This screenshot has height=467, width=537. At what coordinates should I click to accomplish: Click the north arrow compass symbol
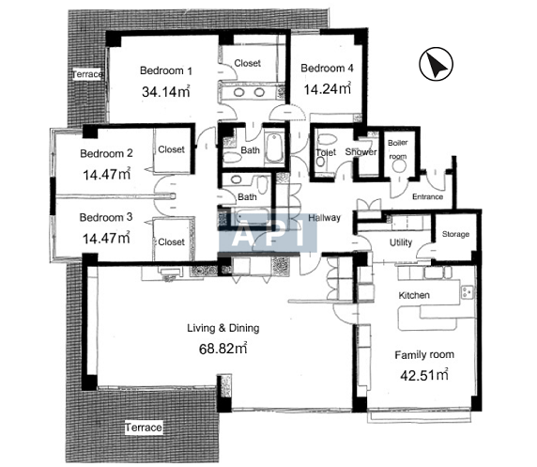[x=436, y=64]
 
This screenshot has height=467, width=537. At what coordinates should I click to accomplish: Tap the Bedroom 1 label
[x=166, y=70]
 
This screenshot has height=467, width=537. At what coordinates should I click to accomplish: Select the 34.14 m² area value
[x=166, y=91]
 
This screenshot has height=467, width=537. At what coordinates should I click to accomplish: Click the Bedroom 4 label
[x=327, y=69]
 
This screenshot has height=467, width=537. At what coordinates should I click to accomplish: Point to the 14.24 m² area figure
[x=328, y=89]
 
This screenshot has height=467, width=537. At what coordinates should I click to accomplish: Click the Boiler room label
[x=398, y=149]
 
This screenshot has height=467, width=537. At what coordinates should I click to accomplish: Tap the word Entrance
[x=427, y=196]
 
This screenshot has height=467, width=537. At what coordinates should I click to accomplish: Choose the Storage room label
[x=455, y=234]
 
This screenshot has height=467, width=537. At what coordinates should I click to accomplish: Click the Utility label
[x=401, y=242]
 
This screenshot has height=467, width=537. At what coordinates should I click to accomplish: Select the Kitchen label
[x=414, y=295]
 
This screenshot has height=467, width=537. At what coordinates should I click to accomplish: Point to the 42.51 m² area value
[x=424, y=375]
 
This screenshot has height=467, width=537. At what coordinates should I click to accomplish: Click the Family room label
[x=424, y=355]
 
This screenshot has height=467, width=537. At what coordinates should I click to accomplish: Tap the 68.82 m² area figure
[x=222, y=349]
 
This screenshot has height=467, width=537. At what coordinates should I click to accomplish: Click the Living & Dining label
[x=222, y=328]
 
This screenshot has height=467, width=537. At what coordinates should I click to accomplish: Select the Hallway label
[x=324, y=218]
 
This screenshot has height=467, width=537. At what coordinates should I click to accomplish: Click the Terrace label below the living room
[x=143, y=428]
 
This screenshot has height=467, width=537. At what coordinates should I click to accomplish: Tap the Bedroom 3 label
[x=106, y=217]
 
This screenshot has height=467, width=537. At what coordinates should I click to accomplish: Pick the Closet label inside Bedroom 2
[x=171, y=149]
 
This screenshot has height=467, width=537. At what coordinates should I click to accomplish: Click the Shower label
[x=361, y=152]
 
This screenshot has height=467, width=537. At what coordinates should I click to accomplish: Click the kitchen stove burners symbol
[x=467, y=291]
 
